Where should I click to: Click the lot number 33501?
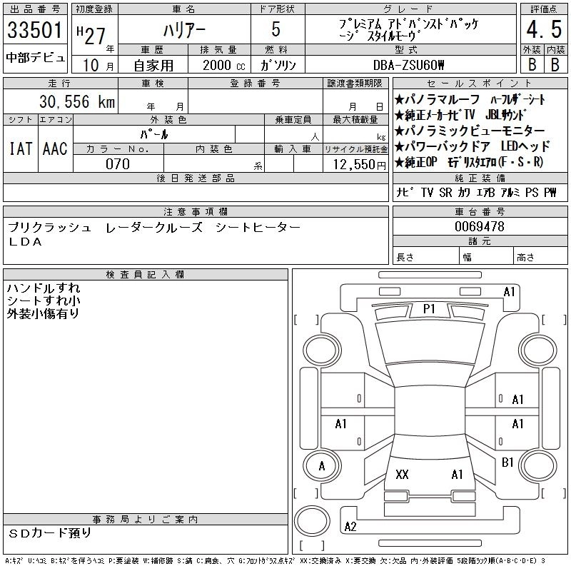pos(35,29)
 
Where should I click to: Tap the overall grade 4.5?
pos(544,29)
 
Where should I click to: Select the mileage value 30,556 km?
pos(77,101)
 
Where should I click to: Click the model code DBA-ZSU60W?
pos(408,65)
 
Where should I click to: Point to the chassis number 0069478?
pos(479,226)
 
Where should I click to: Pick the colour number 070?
pos(118,164)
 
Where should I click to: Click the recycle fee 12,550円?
pos(359,165)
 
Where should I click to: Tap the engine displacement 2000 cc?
pos(224,65)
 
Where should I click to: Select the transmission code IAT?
pos(21,148)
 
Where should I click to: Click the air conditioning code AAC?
pos(56,148)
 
